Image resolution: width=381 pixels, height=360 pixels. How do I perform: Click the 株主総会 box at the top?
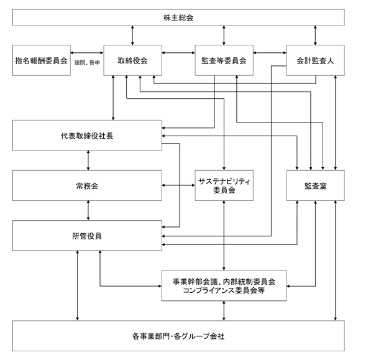tap(178, 17)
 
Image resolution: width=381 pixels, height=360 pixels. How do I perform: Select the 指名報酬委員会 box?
tap(41, 60)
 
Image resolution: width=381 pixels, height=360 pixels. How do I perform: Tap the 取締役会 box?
tap(132, 60)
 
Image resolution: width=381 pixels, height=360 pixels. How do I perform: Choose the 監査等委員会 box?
tap(224, 60)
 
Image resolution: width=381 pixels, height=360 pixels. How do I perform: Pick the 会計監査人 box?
tap(315, 60)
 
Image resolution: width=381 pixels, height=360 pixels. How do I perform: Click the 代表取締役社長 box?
tap(87, 136)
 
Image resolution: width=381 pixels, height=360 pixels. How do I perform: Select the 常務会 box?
tap(87, 185)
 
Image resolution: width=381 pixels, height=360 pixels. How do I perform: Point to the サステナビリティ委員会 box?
tap(224, 185)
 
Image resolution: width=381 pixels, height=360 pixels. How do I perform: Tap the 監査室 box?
tap(315, 185)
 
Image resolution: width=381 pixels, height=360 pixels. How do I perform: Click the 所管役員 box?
tap(87, 236)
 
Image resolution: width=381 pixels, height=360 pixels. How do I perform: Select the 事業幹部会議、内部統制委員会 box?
tap(224, 286)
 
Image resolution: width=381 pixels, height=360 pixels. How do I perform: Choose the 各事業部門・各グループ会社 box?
tap(178, 336)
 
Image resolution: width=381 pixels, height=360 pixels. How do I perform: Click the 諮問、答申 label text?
tap(87, 63)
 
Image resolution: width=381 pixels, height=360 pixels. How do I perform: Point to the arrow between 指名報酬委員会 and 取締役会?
tap(87, 53)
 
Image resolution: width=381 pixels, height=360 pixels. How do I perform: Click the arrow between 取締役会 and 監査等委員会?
tap(178, 53)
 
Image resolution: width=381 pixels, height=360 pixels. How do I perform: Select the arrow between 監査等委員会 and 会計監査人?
tap(270, 53)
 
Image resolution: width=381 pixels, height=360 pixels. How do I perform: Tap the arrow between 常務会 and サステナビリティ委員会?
tap(178, 185)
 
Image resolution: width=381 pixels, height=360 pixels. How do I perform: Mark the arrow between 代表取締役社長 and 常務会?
tap(88, 160)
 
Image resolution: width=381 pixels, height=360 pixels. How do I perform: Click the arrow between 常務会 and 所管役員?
tap(88, 211)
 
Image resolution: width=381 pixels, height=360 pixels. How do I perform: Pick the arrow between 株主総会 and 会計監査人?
tap(315, 35)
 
